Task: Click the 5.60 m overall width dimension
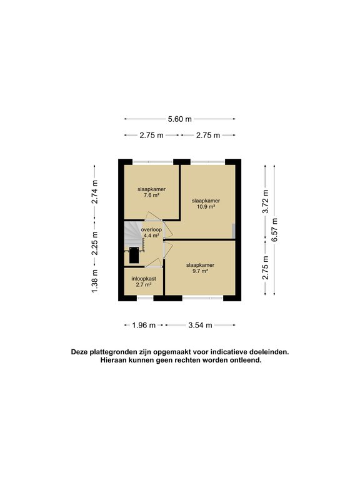pyautogui.click(x=179, y=119)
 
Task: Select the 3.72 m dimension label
pyautogui.click(x=265, y=201)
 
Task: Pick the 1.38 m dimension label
pyautogui.click(x=95, y=281)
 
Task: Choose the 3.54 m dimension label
pyautogui.click(x=200, y=325)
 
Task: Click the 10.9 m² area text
pyautogui.click(x=206, y=206)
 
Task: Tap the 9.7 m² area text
pyautogui.click(x=200, y=271)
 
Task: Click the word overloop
pyautogui.click(x=151, y=229)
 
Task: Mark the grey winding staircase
pyautogui.click(x=132, y=235)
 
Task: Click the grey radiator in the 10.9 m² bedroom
pyautogui.click(x=234, y=230)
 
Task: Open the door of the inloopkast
pyautogui.click(x=152, y=263)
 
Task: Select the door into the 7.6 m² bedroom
pyautogui.click(x=153, y=217)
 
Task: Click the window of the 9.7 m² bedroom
pyautogui.click(x=203, y=298)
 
